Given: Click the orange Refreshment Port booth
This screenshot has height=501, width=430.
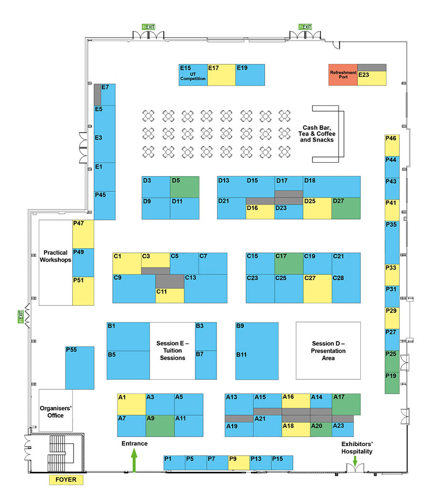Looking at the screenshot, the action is tap(343, 75).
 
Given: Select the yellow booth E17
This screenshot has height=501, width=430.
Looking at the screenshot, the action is tap(221, 75).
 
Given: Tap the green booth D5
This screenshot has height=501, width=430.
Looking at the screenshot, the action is tap(184, 187).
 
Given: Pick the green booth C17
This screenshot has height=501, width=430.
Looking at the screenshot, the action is tap(289, 263).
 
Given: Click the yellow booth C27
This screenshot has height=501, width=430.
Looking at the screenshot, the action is tap(317, 289).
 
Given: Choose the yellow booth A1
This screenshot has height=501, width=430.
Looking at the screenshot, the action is tap(131, 405).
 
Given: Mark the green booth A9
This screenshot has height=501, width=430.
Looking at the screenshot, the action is tap(160, 426).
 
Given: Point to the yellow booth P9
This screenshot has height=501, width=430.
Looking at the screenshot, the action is tap(239, 463).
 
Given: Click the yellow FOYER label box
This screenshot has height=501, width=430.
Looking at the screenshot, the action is tap(66, 480).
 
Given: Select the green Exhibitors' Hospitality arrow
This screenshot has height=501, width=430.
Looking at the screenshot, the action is tap(355, 461).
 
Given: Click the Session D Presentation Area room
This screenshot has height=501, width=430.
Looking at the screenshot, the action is tap(328, 351).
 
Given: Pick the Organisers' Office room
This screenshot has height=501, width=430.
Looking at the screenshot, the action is tap(56, 410).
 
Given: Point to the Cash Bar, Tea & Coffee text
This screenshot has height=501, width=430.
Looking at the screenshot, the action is tap(317, 131).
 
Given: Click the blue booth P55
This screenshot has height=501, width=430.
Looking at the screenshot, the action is tap(80, 368).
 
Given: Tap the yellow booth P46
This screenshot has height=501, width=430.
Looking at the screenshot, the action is tap(392, 146).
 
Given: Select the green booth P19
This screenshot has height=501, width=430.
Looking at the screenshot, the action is tap(392, 383).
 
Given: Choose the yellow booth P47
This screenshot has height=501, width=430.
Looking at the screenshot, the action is tap(83, 234).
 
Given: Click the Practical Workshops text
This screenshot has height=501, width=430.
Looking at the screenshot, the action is tap(56, 256).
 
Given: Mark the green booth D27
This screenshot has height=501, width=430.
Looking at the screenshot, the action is tap(346, 209).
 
